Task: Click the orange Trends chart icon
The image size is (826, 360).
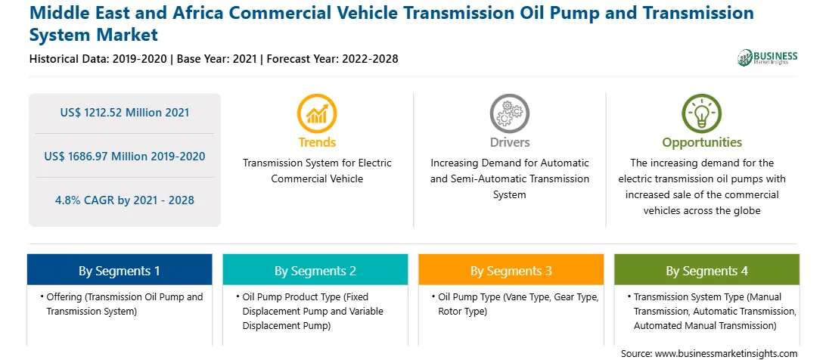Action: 317,113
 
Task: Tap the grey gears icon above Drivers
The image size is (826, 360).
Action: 509,113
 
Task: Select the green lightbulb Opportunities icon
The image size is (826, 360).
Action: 702,113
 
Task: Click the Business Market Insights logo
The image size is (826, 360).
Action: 768,57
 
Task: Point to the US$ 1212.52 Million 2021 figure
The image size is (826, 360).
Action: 124,112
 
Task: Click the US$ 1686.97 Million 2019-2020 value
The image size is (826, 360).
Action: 124,156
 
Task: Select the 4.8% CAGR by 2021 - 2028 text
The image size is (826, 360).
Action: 124,200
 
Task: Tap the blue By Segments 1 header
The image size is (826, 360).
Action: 120,270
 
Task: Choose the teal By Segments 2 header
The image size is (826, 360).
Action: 315,270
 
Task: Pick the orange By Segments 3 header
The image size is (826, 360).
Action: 511,270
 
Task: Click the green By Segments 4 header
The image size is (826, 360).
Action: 707,270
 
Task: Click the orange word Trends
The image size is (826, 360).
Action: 317,142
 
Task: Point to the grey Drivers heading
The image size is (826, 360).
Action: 510,142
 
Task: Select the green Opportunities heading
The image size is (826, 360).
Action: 702,142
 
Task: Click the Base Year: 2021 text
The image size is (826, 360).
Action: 217,59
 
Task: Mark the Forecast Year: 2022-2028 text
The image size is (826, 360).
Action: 332,59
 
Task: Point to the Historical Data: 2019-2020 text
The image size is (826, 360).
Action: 98,59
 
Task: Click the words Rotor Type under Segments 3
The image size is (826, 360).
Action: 462,312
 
